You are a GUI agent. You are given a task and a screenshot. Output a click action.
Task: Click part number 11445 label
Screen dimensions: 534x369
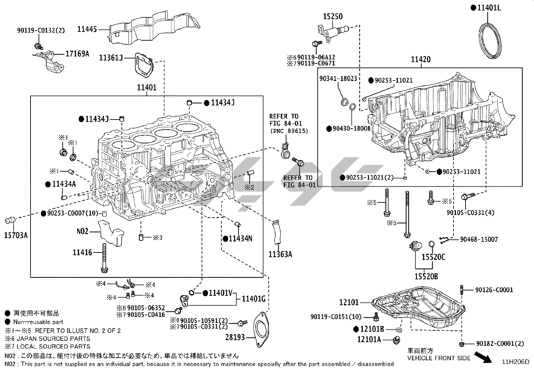pyautogui.click(x=87, y=29)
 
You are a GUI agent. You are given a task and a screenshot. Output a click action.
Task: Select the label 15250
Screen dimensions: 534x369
pyautogui.click(x=333, y=16)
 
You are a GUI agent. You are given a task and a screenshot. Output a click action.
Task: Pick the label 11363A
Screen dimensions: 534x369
pyautogui.click(x=280, y=255)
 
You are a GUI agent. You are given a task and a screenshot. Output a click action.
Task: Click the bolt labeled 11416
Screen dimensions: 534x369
pyautogui.click(x=104, y=258)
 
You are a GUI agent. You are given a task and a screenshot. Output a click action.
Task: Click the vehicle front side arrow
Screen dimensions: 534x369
pyautogui.click(x=483, y=357)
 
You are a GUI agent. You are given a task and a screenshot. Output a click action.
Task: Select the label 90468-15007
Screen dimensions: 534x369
pyautogui.click(x=479, y=239)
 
